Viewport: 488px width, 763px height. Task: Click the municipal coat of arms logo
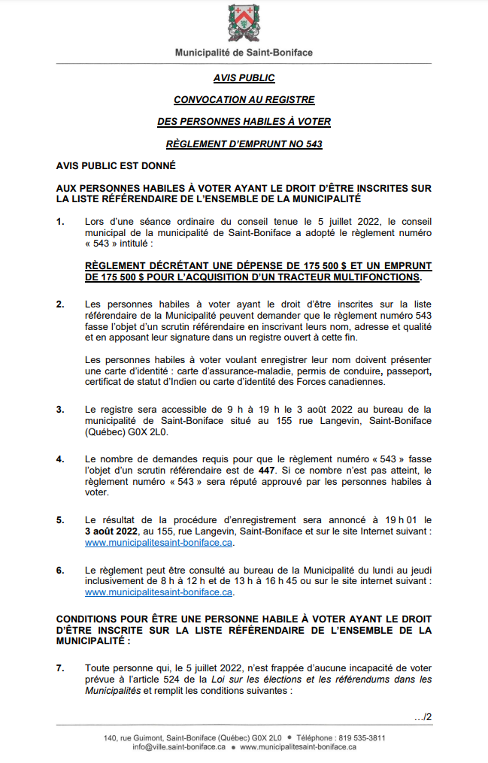coord(244,23)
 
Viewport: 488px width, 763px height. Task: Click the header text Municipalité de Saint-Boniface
coord(244,53)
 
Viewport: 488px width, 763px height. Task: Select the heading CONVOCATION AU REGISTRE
coord(244,99)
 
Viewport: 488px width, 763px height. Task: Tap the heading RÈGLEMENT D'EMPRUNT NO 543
coord(244,144)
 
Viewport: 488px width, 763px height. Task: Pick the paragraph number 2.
coord(60,304)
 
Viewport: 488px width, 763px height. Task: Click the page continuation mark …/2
coord(423,716)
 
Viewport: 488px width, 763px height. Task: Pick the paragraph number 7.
coord(60,668)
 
